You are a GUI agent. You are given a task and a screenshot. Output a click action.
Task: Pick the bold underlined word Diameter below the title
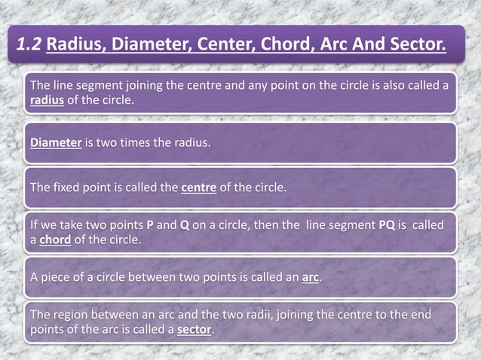point(56,143)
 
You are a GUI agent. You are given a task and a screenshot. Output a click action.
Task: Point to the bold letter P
point(150,226)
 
